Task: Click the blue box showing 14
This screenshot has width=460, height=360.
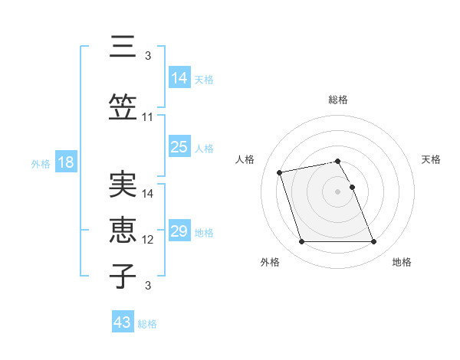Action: (179, 78)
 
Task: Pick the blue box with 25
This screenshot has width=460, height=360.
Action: (179, 147)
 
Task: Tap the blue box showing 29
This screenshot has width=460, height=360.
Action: (179, 231)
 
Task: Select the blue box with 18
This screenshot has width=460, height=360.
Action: (64, 162)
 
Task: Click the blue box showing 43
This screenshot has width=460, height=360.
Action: (123, 322)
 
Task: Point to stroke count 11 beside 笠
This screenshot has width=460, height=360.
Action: (148, 117)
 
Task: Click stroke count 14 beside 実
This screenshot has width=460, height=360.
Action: (148, 194)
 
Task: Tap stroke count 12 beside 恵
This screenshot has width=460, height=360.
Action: (148, 240)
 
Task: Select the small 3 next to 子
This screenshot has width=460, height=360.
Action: (148, 286)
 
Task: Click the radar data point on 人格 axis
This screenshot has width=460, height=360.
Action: (280, 172)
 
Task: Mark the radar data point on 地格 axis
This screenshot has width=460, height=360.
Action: (373, 242)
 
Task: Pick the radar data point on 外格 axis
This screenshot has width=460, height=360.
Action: (301, 242)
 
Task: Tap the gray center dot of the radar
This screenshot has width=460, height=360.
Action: (337, 191)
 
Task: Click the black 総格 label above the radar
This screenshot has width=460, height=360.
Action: (338, 100)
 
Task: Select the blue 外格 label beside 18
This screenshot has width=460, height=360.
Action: (40, 163)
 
